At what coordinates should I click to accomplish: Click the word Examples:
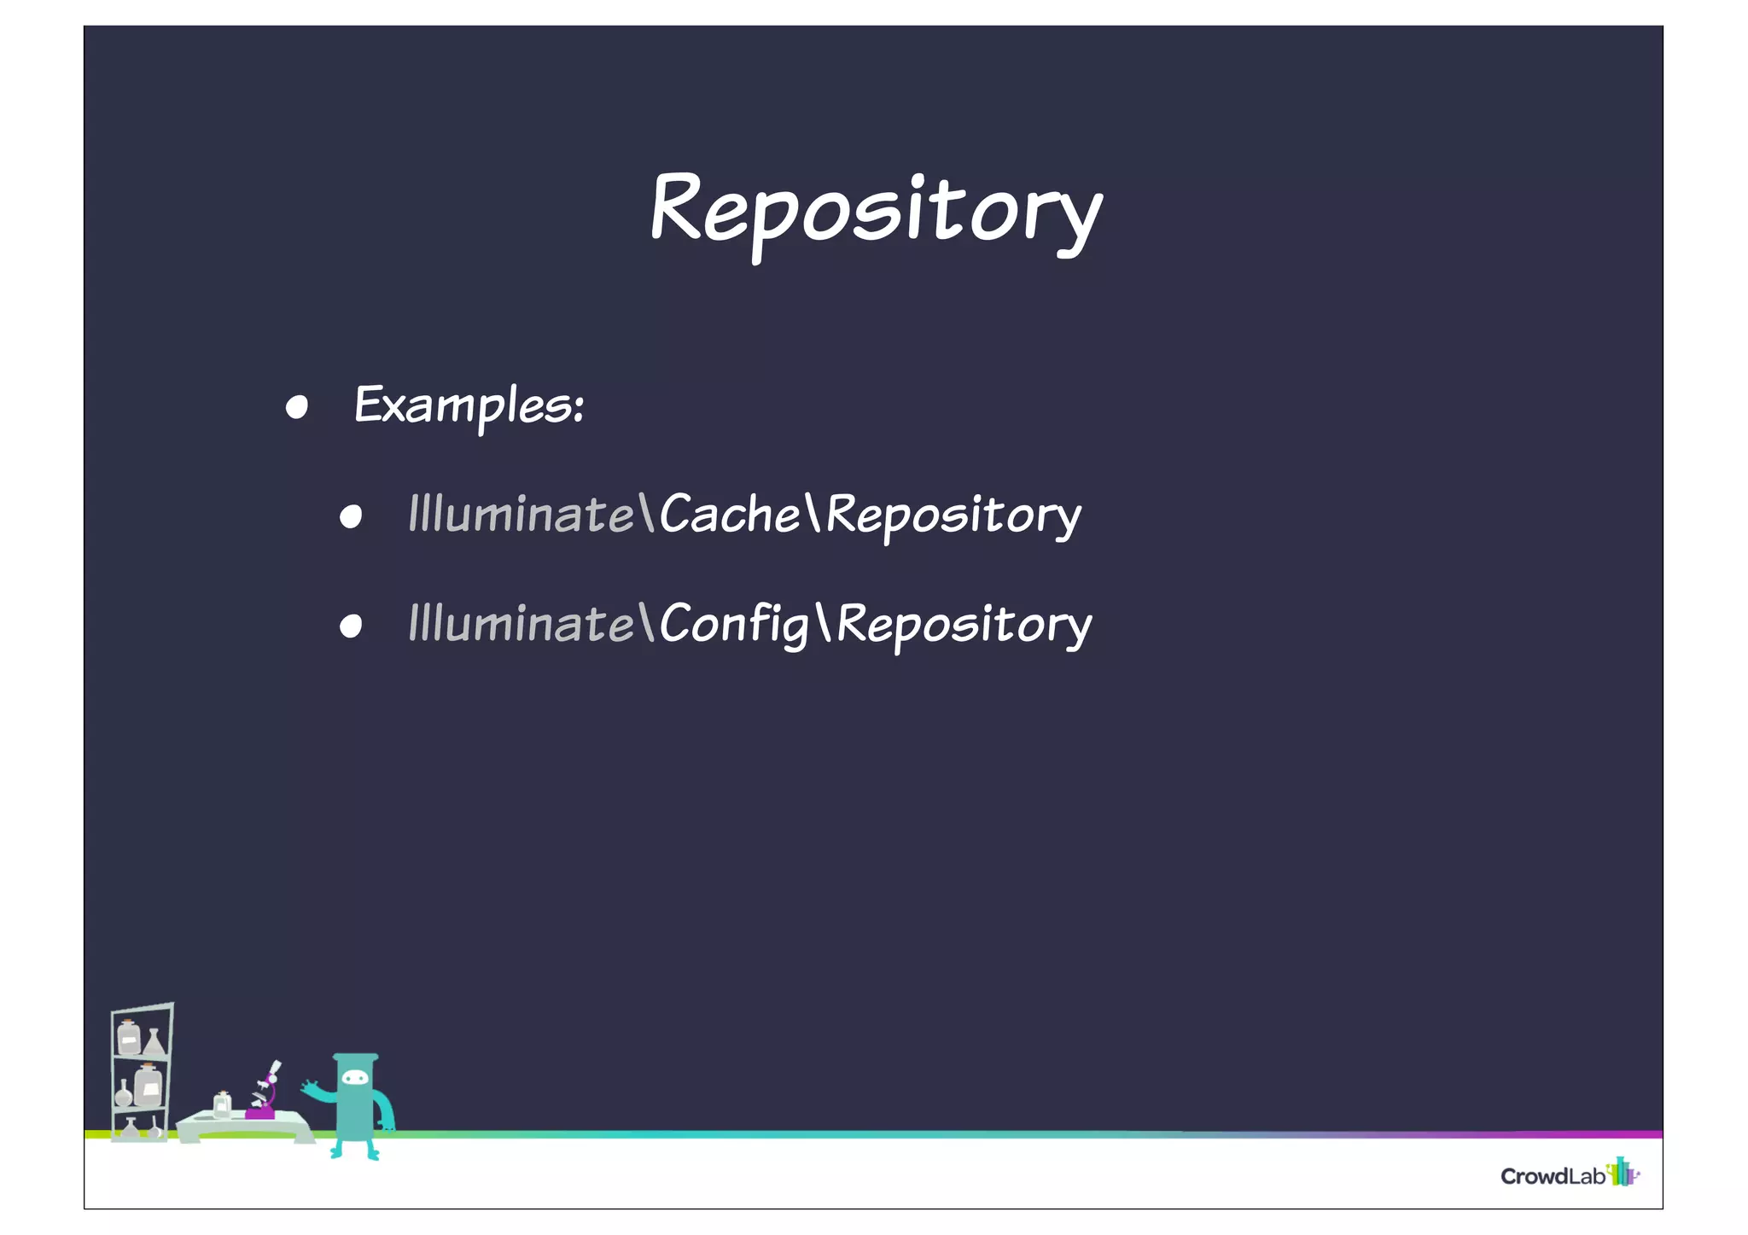pyautogui.click(x=469, y=405)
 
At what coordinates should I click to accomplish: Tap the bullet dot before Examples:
pyautogui.click(x=296, y=407)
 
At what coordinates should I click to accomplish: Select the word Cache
pyautogui.click(x=730, y=514)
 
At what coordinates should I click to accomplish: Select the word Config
pyautogui.click(x=734, y=624)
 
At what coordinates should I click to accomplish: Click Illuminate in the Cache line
pyautogui.click(x=521, y=514)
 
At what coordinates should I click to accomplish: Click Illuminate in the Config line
pyautogui.click(x=521, y=624)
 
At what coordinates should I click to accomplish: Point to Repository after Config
pyautogui.click(x=964, y=626)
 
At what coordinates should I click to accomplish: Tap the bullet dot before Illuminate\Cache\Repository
pyautogui.click(x=350, y=516)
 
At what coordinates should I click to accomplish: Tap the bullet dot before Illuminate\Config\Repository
pyautogui.click(x=350, y=626)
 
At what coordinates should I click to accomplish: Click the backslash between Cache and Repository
pyautogui.click(x=812, y=512)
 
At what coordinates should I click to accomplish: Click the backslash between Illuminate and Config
pyautogui.click(x=646, y=622)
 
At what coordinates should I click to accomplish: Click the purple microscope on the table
pyautogui.click(x=263, y=1097)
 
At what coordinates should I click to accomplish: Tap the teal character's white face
pyautogui.click(x=355, y=1078)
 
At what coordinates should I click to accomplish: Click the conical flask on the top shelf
pyautogui.click(x=154, y=1042)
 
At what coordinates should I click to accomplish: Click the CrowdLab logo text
pyautogui.click(x=1553, y=1176)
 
